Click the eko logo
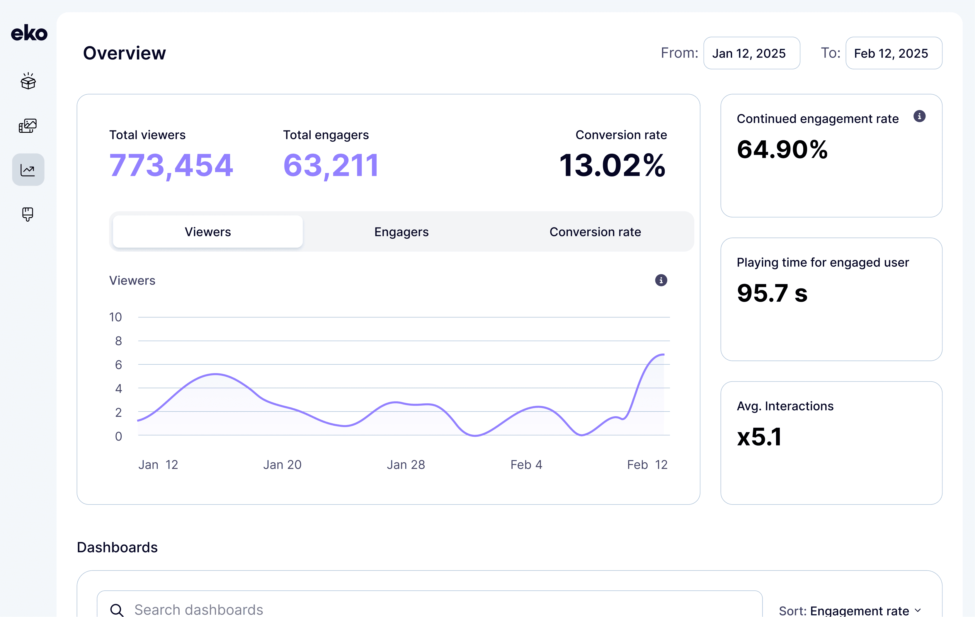coord(29,33)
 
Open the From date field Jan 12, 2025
coord(751,53)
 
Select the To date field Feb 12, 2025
coord(894,53)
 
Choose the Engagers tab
coord(401,232)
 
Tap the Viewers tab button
coord(208,232)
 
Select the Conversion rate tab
coord(595,232)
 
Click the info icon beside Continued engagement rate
coord(920,116)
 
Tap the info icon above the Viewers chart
coord(661,280)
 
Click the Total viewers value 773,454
coord(171,166)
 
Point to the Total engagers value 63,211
coord(331,166)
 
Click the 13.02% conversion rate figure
coord(612,165)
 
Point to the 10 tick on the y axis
coord(115,317)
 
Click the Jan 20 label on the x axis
coord(282,465)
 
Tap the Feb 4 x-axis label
coord(526,465)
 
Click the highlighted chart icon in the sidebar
coord(28,170)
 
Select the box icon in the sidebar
coord(28,81)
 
